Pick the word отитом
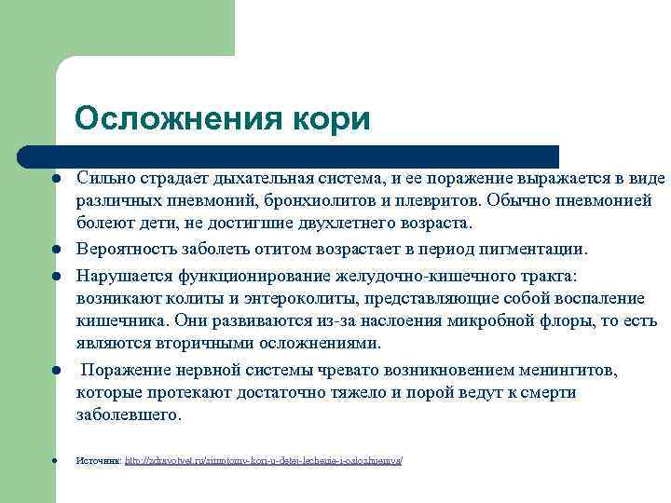coord(284,249)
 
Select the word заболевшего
coord(126,415)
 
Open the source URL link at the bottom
coord(264,461)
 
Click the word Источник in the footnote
coord(98,461)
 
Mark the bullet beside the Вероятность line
coord(57,250)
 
